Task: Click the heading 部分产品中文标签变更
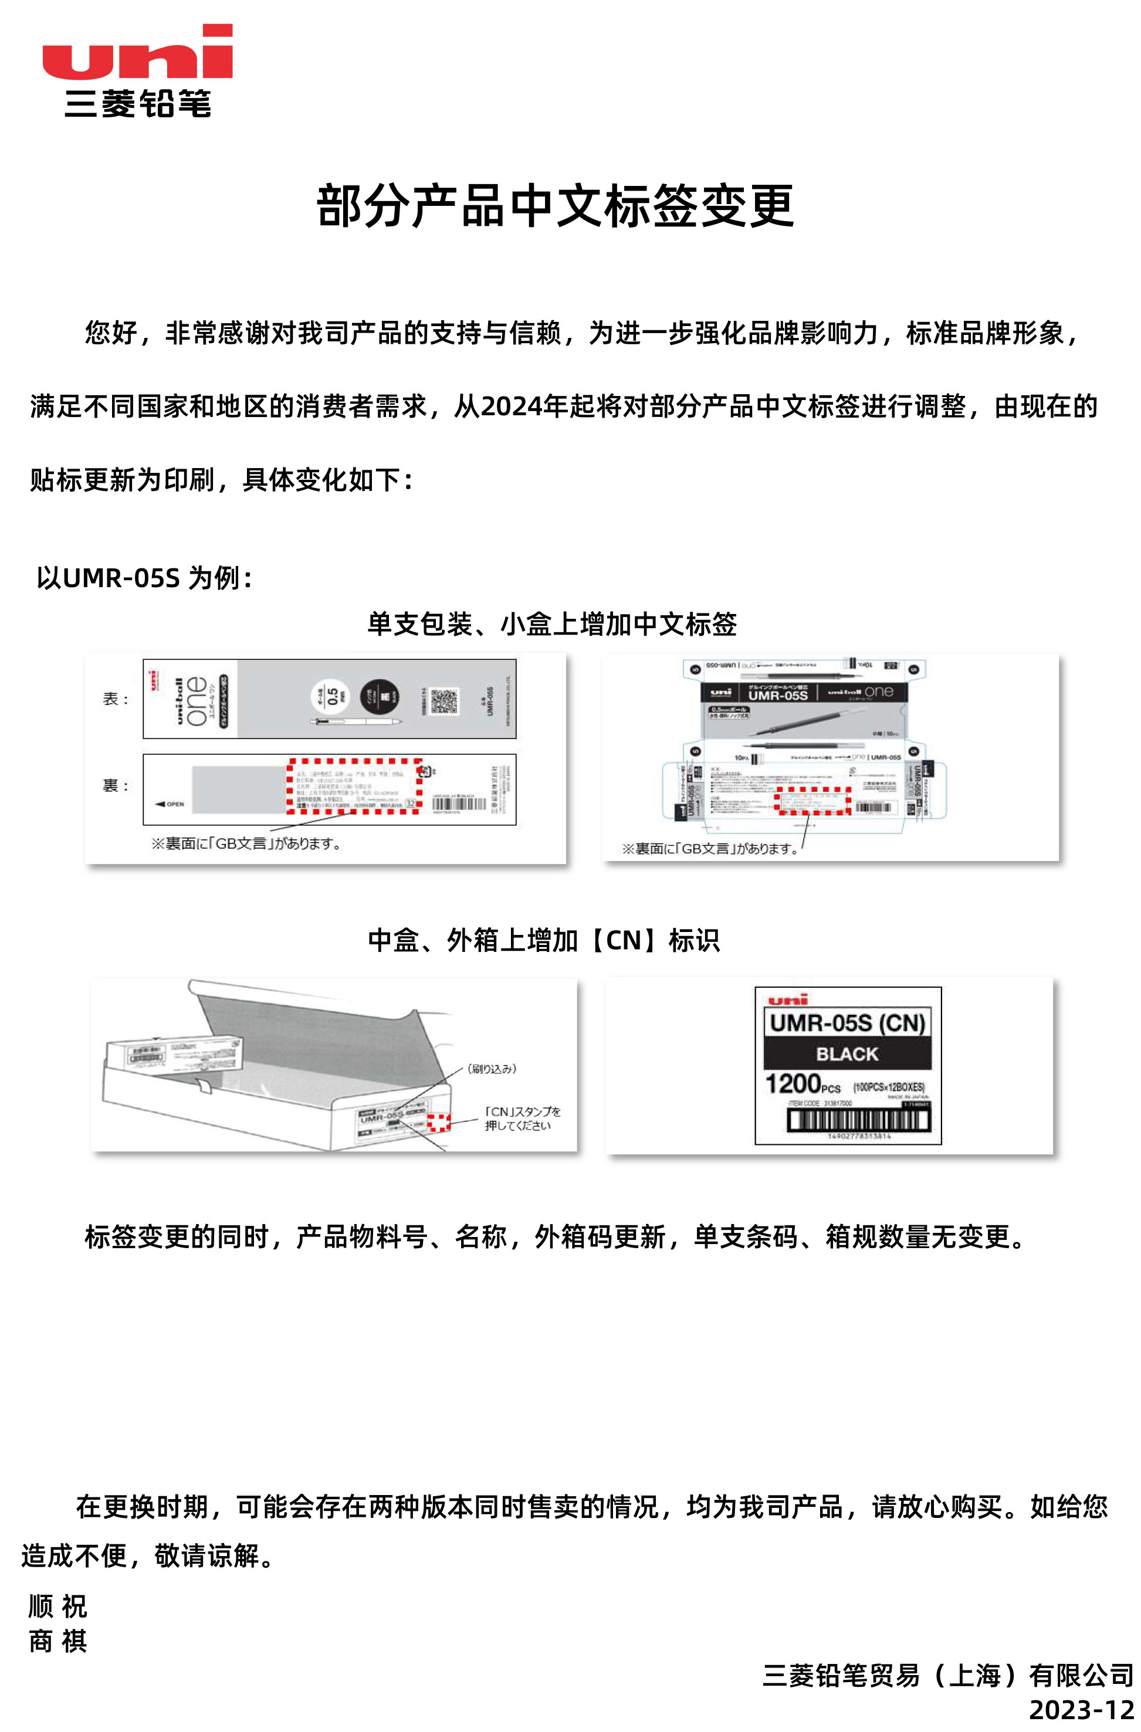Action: [555, 206]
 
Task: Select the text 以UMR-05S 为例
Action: [144, 578]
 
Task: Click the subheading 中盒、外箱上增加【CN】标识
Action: [544, 940]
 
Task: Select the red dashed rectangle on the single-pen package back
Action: [355, 786]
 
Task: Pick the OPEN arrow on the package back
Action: [170, 804]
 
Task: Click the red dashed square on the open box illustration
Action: [438, 1123]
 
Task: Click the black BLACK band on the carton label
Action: [847, 1054]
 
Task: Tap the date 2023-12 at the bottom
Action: [1081, 1710]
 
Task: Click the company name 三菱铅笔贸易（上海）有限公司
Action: [947, 1675]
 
